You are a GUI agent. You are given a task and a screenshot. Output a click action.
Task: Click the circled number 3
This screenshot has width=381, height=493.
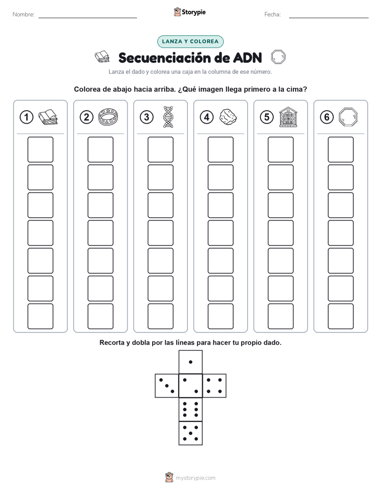(147, 117)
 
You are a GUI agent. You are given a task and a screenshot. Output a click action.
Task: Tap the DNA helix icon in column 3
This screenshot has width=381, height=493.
(168, 117)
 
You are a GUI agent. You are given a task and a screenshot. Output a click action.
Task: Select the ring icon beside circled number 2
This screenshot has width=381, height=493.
(108, 117)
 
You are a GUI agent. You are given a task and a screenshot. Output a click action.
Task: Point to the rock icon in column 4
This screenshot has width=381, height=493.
(228, 117)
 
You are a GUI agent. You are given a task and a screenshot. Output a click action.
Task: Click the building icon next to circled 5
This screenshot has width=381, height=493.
(288, 117)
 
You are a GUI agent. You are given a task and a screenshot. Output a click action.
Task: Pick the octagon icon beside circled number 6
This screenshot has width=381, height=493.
(348, 117)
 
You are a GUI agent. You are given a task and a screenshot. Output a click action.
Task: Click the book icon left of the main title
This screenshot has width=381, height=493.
(102, 57)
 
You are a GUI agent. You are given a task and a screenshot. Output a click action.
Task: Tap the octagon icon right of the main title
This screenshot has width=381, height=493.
(278, 57)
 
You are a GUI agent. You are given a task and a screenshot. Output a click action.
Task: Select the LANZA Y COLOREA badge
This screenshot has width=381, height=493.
(190, 42)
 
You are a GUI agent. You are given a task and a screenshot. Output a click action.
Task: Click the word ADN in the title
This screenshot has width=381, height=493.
(248, 58)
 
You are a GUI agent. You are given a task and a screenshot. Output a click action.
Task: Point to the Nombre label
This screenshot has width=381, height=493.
(23, 14)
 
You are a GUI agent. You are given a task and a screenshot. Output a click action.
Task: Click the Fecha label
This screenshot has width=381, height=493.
(273, 14)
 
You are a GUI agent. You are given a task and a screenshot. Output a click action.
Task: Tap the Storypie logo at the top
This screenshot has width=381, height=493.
(189, 12)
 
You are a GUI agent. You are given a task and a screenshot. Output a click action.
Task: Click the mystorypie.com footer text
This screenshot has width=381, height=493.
(195, 478)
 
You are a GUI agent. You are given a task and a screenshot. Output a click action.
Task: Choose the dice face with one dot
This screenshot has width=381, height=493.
(190, 362)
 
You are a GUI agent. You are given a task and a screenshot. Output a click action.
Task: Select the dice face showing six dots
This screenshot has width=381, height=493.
(190, 409)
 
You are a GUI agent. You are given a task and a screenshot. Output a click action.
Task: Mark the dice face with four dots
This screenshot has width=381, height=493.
(215, 386)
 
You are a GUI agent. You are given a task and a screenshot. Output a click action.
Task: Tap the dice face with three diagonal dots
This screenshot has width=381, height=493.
(167, 386)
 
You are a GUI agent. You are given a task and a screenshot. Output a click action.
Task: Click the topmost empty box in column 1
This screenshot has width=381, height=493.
(40, 149)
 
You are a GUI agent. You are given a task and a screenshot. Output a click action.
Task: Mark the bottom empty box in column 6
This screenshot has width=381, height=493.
(340, 316)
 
